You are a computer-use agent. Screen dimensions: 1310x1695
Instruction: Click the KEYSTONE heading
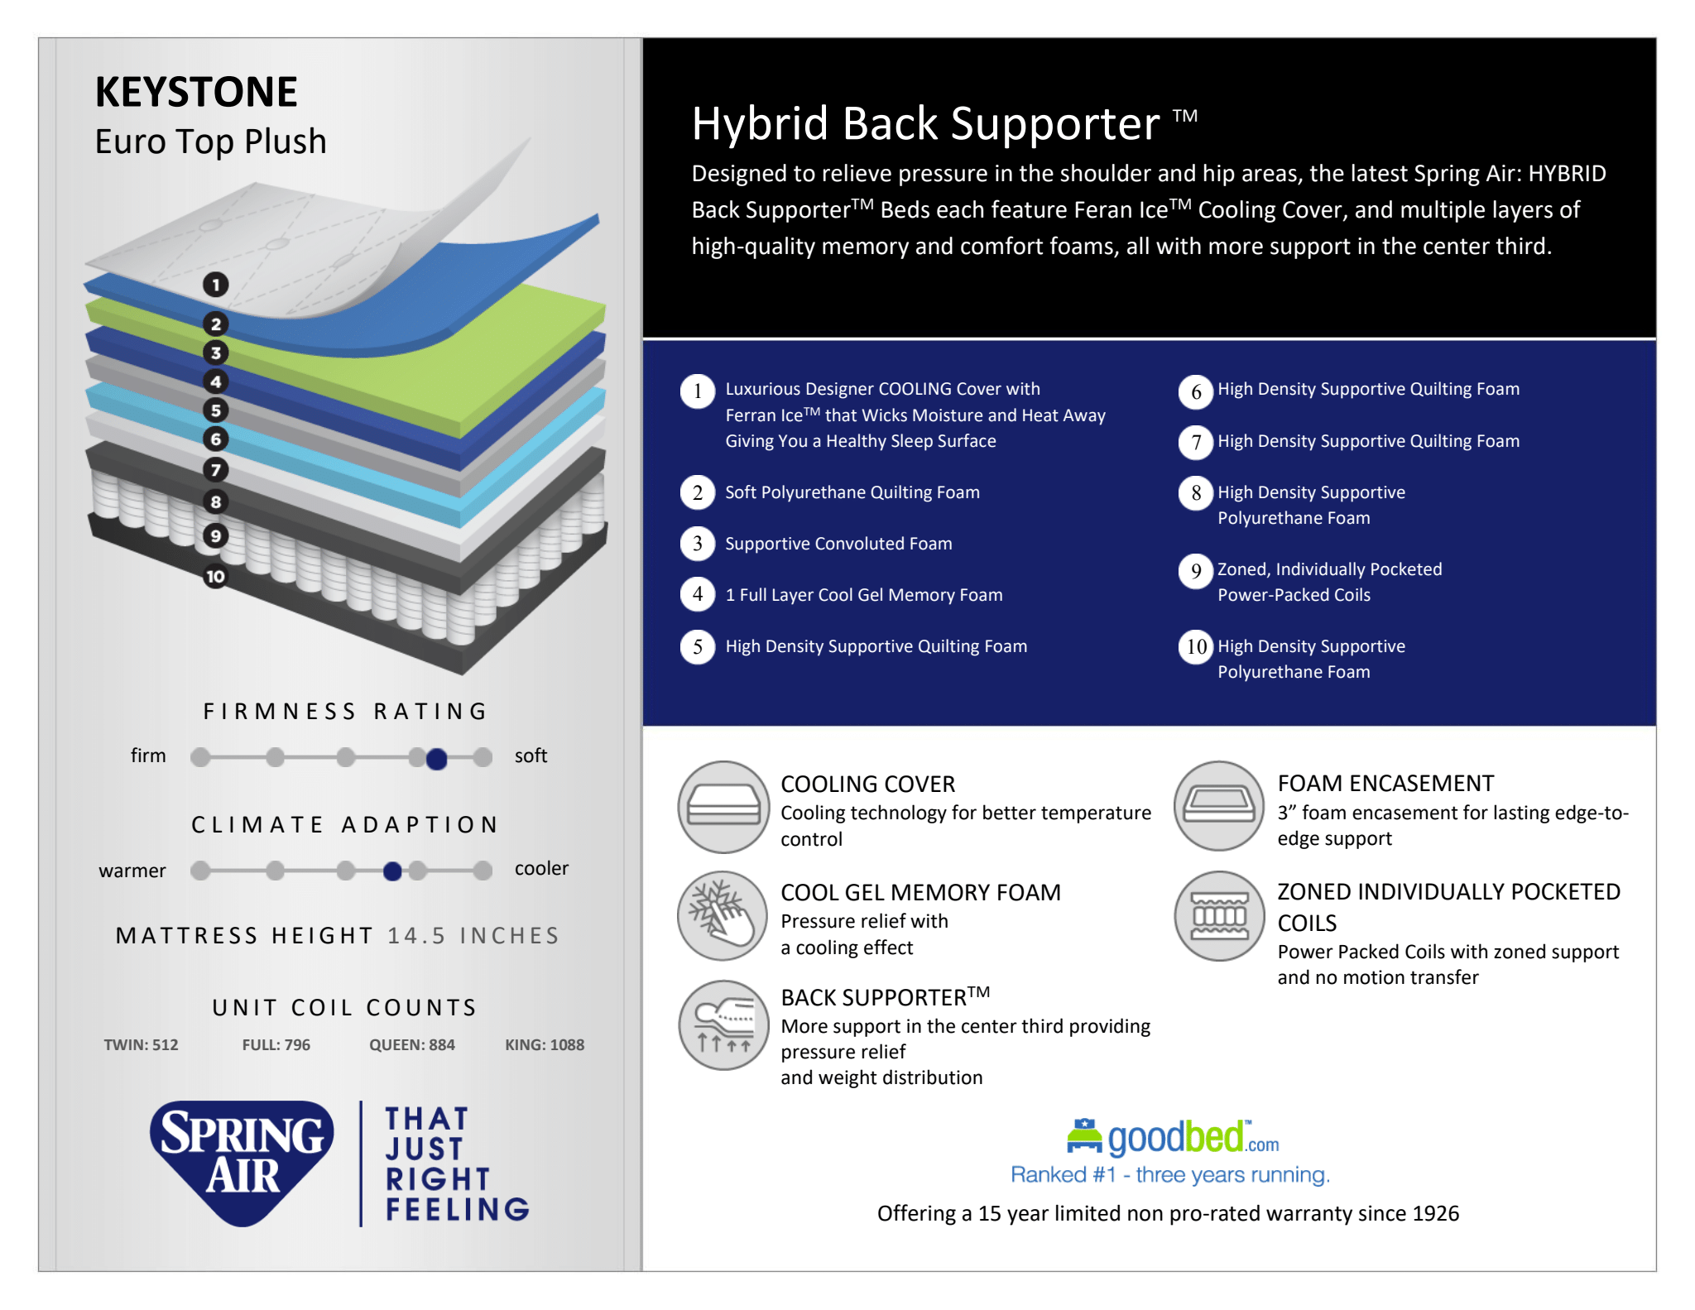(x=196, y=92)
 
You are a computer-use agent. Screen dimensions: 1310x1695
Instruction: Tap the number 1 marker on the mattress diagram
(x=216, y=286)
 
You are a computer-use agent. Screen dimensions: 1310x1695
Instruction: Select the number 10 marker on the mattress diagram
(x=215, y=577)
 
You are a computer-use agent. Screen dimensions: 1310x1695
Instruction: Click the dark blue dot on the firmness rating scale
(x=437, y=758)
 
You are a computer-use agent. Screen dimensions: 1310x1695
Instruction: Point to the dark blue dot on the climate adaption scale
(x=393, y=871)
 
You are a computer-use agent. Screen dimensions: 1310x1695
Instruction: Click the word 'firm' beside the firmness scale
(x=148, y=756)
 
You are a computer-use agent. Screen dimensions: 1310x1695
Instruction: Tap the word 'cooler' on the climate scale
(x=541, y=868)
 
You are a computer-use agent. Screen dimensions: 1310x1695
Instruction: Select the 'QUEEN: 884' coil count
(x=412, y=1044)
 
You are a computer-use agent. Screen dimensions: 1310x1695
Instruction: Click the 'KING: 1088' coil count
(x=545, y=1044)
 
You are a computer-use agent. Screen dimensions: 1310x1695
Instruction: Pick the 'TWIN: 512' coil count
(x=141, y=1044)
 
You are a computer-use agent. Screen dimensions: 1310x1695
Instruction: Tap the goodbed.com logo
(x=1173, y=1138)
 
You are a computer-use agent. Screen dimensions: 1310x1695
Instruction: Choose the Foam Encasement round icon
(x=1219, y=806)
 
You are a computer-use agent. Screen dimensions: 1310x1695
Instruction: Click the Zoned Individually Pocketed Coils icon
(x=1219, y=916)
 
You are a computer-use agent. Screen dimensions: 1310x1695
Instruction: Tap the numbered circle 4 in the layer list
(x=698, y=594)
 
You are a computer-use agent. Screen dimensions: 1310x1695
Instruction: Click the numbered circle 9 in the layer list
(x=1196, y=571)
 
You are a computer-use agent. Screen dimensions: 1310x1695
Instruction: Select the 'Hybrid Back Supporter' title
(x=926, y=124)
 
